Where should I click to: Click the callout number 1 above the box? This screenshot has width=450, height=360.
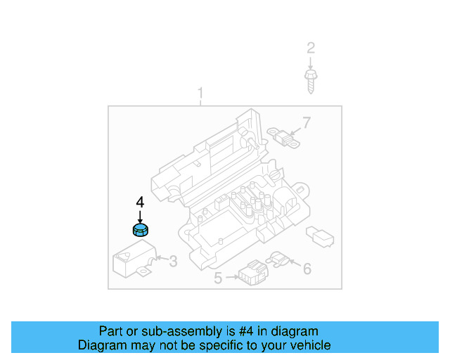[x=200, y=94]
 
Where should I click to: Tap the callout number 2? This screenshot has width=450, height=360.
[x=310, y=49]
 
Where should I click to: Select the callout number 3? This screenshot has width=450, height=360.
[x=173, y=262]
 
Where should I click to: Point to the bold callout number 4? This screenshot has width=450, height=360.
[x=140, y=202]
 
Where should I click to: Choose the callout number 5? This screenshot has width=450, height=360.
[x=218, y=279]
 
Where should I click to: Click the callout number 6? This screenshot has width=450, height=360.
[x=307, y=269]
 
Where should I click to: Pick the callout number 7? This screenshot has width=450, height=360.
[x=306, y=124]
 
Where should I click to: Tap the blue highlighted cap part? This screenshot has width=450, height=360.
[x=141, y=229]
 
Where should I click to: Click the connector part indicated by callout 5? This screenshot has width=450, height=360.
[x=250, y=271]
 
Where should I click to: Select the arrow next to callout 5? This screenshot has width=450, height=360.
[x=231, y=278]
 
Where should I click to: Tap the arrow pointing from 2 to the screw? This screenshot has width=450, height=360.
[x=310, y=62]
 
